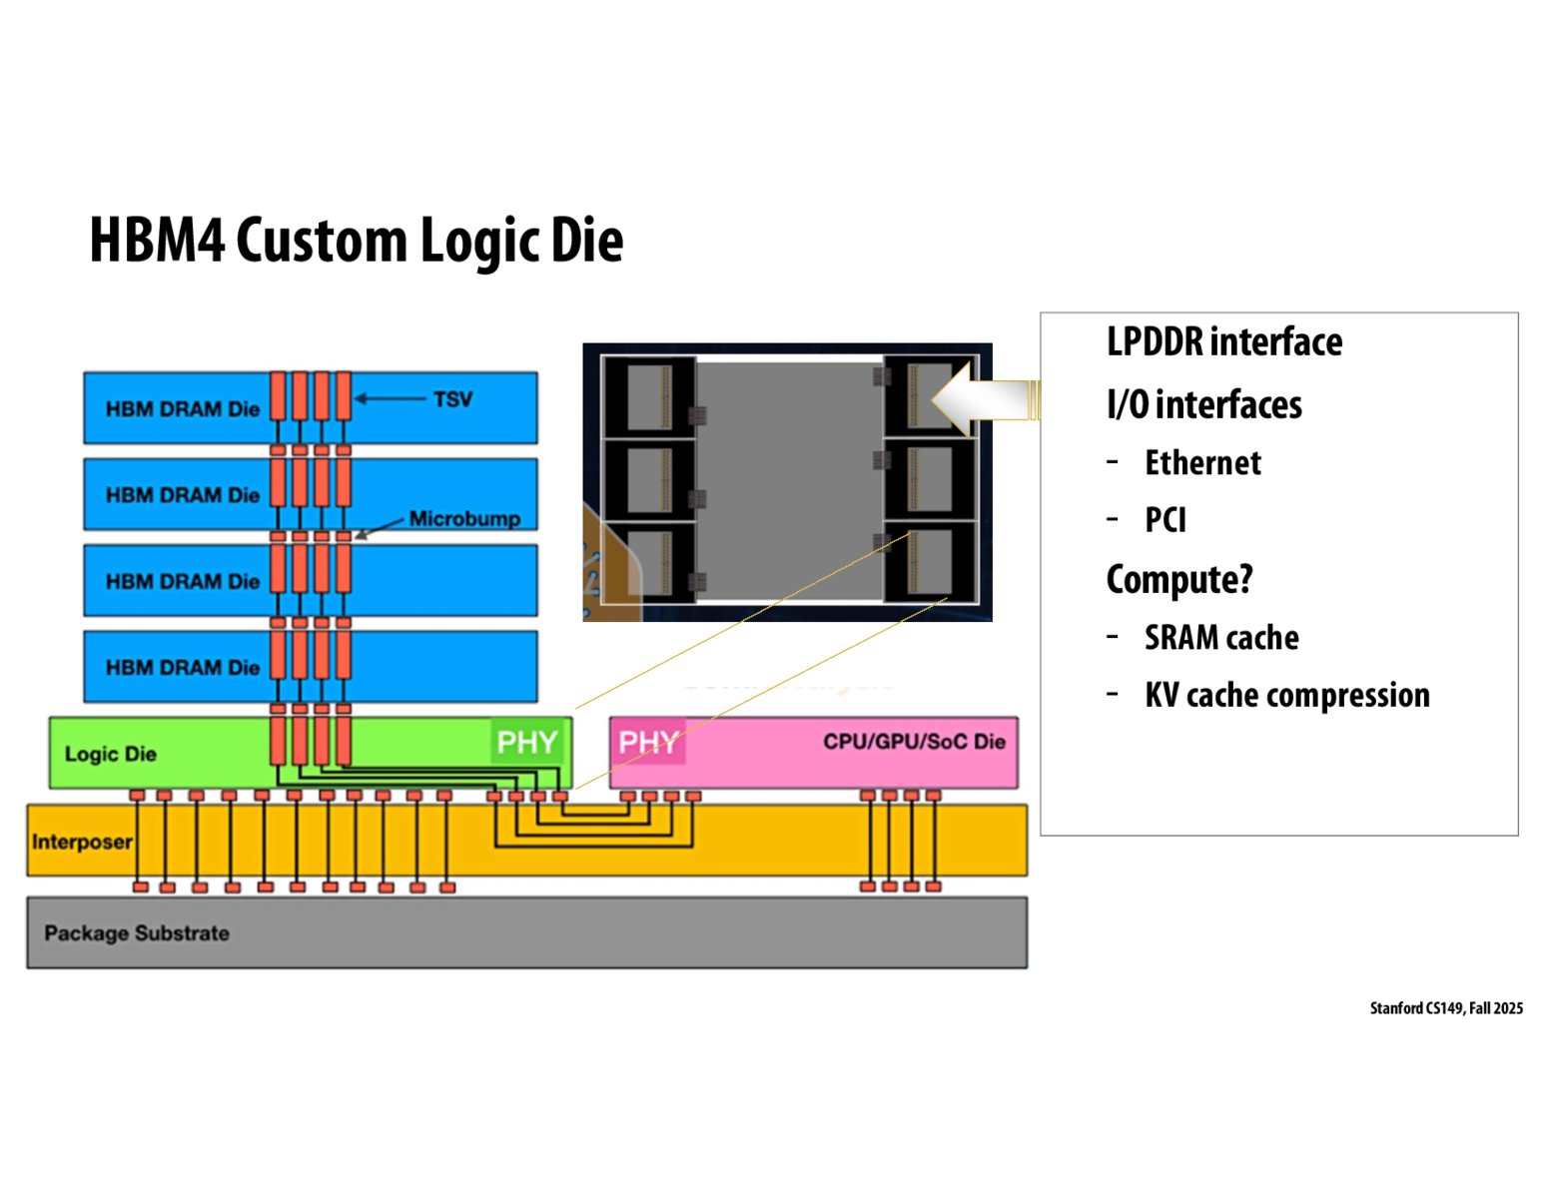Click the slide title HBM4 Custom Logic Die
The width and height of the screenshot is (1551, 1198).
point(357,241)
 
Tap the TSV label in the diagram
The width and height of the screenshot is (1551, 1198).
point(452,399)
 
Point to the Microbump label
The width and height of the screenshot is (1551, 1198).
point(464,519)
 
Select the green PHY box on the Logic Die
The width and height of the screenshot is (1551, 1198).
point(526,742)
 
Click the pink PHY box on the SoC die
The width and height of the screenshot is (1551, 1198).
point(648,742)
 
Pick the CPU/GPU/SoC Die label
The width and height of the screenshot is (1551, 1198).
point(913,742)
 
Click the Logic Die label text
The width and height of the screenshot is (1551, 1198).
point(111,754)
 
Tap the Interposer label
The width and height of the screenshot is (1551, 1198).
point(82,842)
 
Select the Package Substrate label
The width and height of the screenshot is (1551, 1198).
point(137,933)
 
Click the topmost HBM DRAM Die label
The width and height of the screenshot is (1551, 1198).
point(183,408)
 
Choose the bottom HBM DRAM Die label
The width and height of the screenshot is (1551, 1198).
point(183,667)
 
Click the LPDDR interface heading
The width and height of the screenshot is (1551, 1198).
point(1224,342)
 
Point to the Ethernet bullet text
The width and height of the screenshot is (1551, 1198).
point(1202,463)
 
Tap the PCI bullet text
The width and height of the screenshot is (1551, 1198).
point(1165,520)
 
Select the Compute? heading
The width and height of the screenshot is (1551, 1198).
point(1179,579)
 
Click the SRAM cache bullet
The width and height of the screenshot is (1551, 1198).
point(1221,637)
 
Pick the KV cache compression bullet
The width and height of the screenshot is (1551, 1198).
point(1287,695)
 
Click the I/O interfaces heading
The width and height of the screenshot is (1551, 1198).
point(1204,404)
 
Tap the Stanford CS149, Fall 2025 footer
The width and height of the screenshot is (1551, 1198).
point(1446,1008)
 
